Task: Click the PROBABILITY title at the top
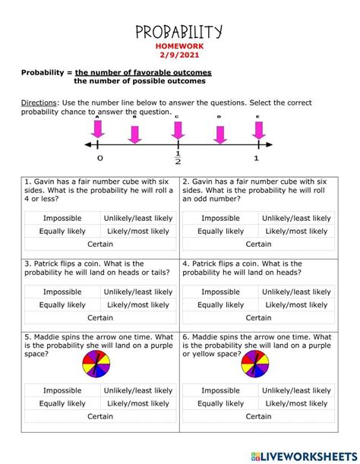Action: coord(179,31)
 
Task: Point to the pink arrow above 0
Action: coord(98,130)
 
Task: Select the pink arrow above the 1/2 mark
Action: coord(177,130)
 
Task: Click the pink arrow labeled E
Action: coord(258,130)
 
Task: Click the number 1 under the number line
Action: coord(256,158)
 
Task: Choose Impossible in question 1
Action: coord(62,218)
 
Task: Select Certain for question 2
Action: coord(258,244)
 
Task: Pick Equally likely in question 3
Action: coord(62,305)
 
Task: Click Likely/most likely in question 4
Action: coord(297,305)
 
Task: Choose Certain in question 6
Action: coord(258,416)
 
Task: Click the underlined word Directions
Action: coord(36,103)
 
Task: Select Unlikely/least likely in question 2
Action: coord(297,218)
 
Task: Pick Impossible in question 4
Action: coord(220,292)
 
